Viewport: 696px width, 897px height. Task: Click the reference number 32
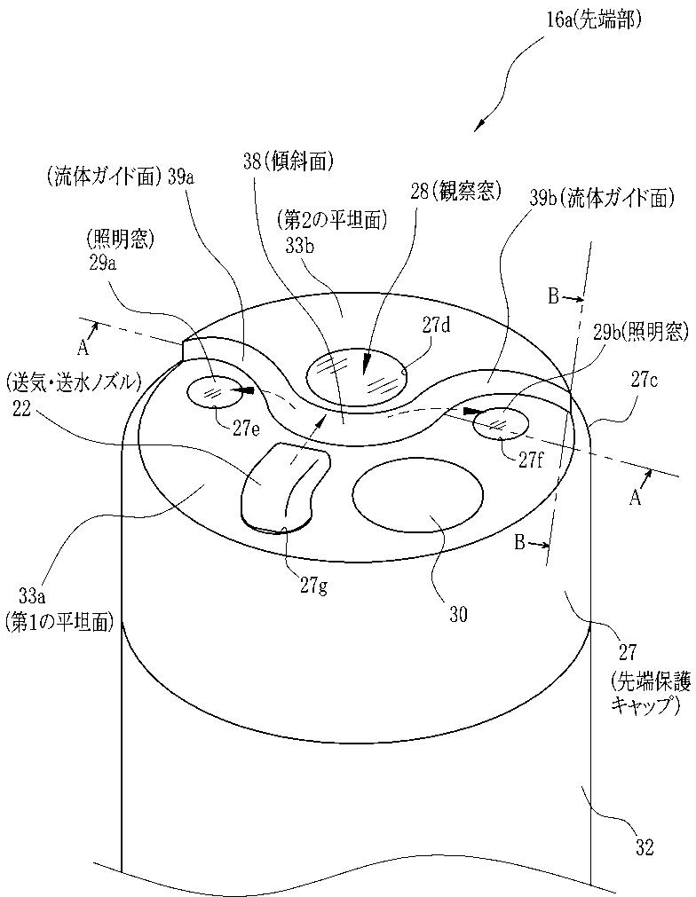pos(645,848)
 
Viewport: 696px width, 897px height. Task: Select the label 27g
pos(313,585)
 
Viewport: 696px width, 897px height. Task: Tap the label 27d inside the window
pos(437,326)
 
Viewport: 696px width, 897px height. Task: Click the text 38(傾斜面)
pos(287,160)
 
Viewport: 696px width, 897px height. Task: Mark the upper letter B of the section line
pos(553,297)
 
